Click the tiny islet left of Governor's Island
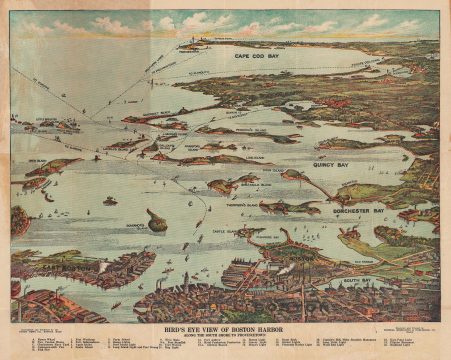tap(109, 201)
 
